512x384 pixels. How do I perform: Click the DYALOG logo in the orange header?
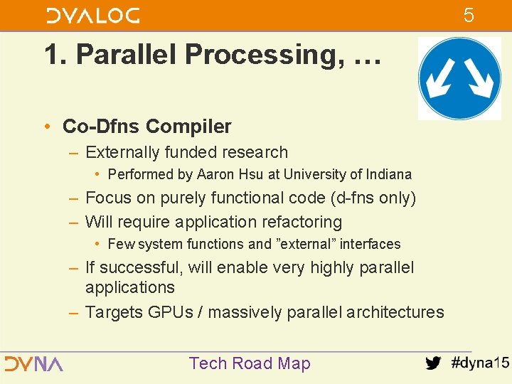[93, 15]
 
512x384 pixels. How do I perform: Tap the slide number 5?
[469, 15]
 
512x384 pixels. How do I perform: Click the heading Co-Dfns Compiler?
[147, 127]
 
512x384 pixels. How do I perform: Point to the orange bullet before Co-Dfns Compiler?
[46, 127]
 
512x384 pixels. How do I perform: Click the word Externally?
[122, 152]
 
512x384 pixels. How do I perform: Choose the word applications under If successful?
[129, 287]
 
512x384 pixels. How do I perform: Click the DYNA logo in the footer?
[33, 363]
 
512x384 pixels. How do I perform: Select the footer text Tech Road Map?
[250, 363]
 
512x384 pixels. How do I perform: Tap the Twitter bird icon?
[432, 363]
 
